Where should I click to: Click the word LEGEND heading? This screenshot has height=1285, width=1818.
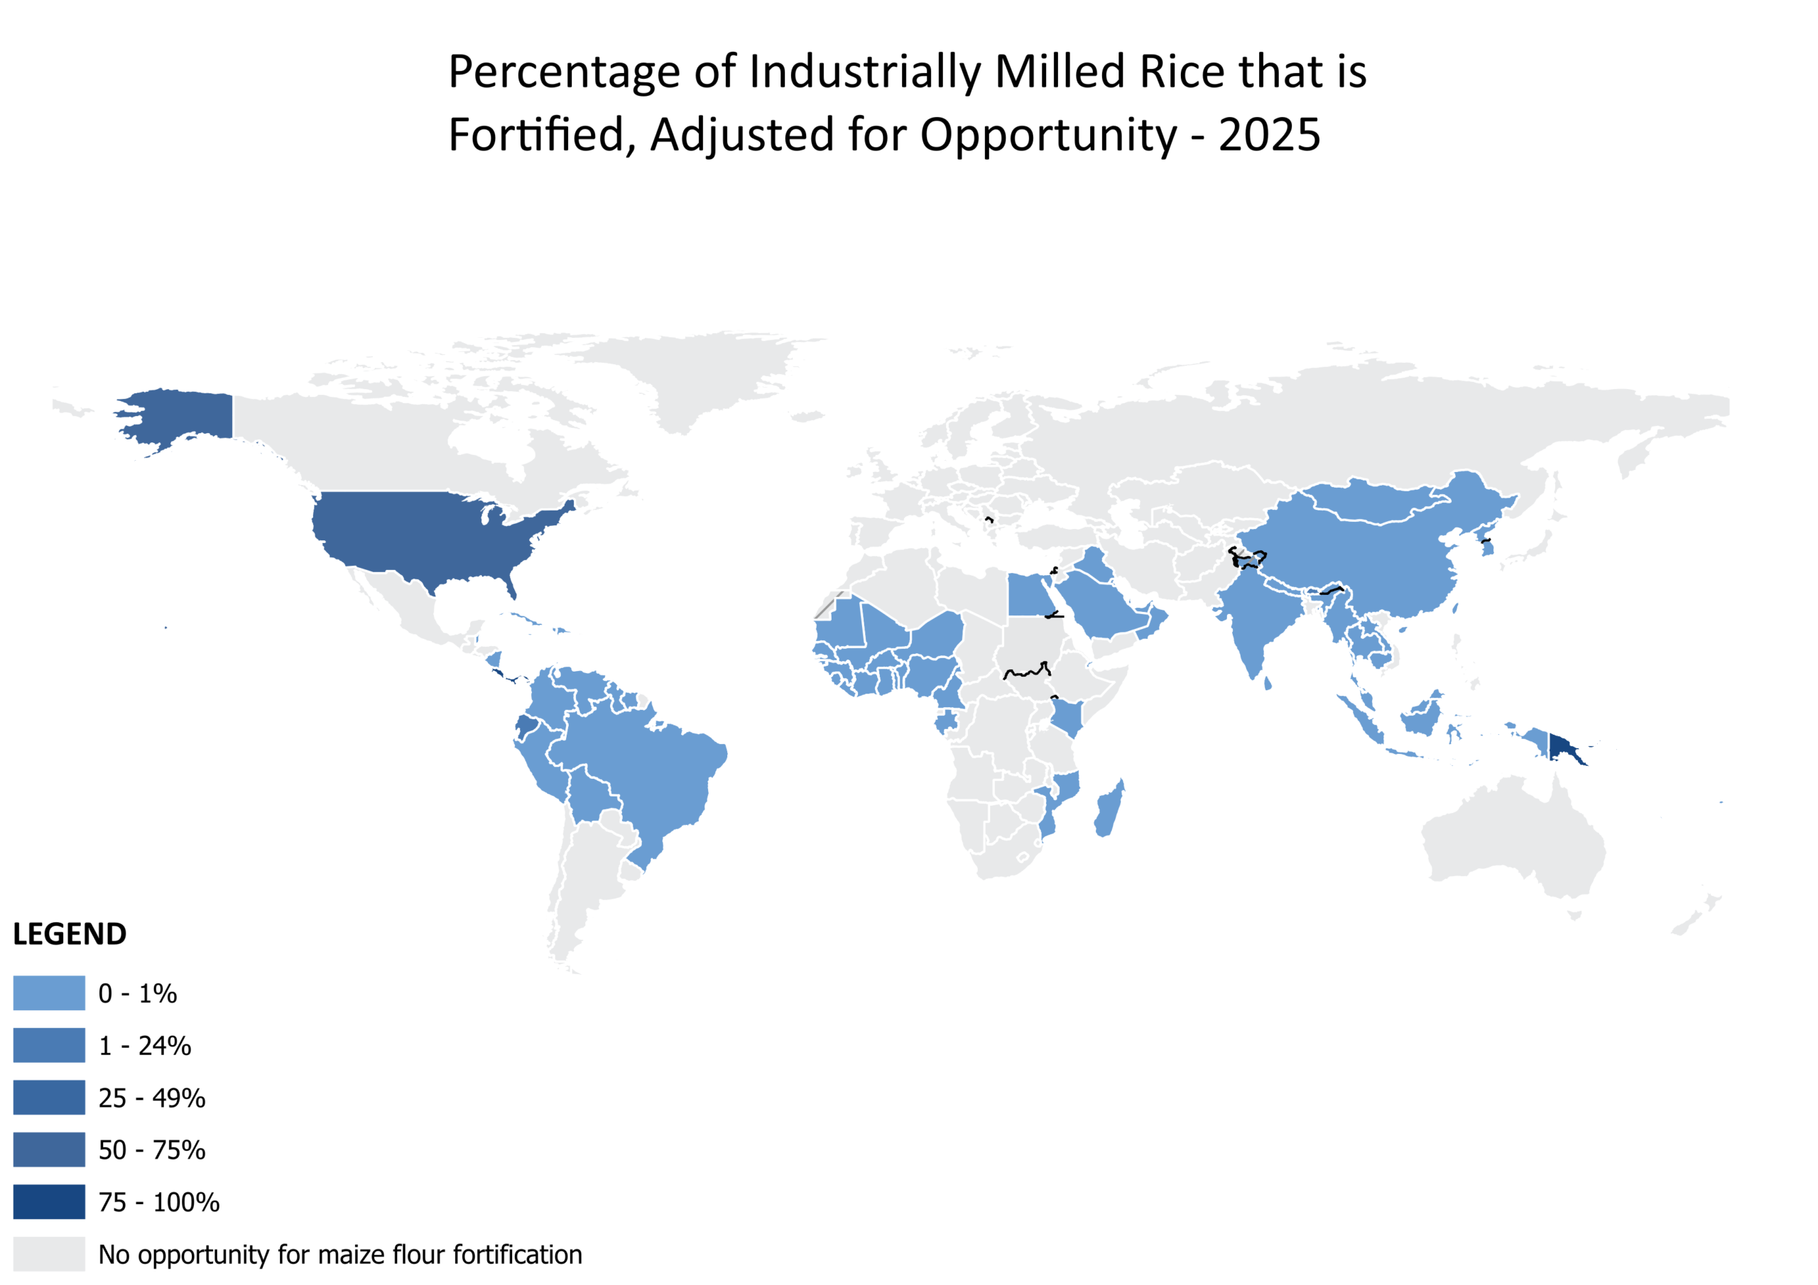point(70,934)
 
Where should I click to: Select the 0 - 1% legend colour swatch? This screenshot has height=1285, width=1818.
point(49,993)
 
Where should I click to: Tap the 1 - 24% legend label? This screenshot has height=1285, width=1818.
point(145,1046)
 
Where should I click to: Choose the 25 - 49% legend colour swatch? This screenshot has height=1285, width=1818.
point(49,1098)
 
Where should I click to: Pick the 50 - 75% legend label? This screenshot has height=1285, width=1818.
point(152,1149)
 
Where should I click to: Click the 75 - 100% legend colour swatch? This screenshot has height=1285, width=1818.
point(49,1202)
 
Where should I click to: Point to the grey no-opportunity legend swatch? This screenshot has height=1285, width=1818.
point(49,1254)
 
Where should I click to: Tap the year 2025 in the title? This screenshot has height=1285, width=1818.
point(1269,135)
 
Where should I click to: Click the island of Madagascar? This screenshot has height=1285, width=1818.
point(1110,810)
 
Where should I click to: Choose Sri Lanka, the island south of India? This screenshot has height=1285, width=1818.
point(1268,682)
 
